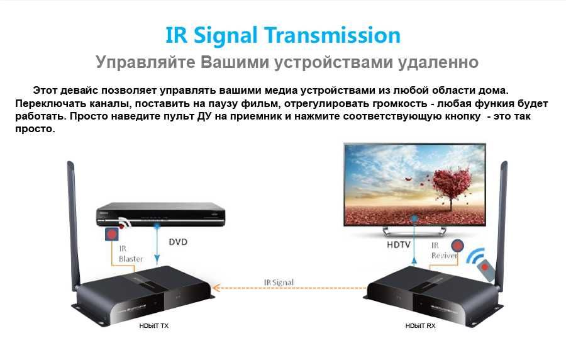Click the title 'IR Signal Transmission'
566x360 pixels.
tap(282, 35)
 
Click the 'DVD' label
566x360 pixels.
tap(178, 242)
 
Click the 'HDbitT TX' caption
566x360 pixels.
tap(153, 326)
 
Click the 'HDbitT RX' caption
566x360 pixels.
tap(420, 326)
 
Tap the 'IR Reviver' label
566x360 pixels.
tap(443, 250)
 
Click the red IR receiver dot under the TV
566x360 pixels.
tap(457, 246)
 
